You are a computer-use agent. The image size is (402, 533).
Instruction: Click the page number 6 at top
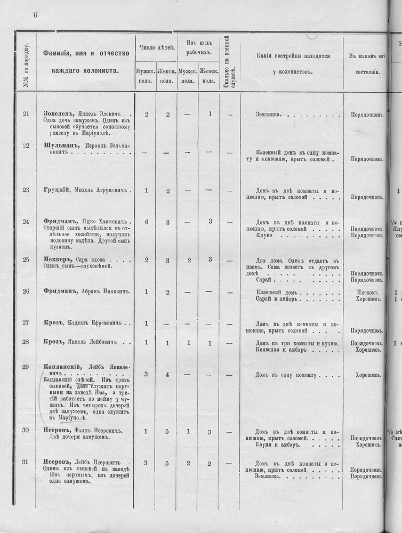tap(35, 14)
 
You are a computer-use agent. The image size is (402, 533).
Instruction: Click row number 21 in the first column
tap(26, 114)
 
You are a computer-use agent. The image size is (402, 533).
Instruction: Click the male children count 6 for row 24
tap(146, 222)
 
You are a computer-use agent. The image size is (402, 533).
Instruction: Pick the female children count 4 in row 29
tap(167, 375)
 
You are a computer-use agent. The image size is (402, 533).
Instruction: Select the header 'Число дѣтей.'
tap(157, 48)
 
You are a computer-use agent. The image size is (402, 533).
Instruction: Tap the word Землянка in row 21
tap(268, 114)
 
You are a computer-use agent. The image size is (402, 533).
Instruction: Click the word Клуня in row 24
tap(264, 235)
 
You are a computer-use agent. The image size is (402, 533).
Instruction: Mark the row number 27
tap(26, 322)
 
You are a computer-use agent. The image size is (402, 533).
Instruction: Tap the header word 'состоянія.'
tap(365, 71)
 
